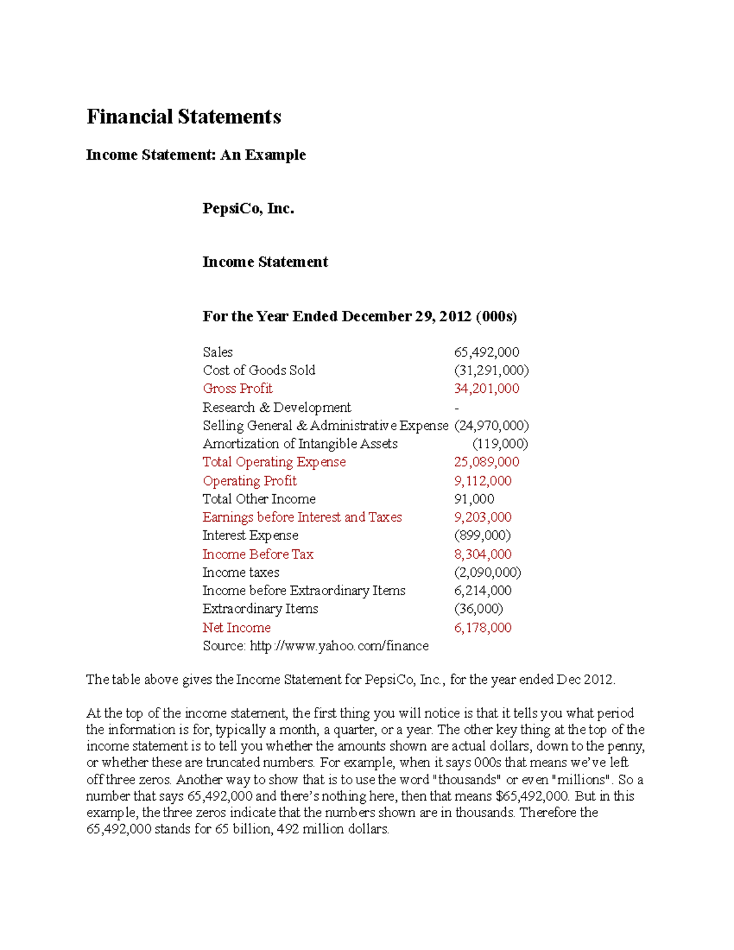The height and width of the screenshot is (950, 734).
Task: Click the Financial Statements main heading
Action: pyautogui.click(x=183, y=117)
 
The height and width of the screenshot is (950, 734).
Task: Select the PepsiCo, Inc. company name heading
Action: pyautogui.click(x=248, y=209)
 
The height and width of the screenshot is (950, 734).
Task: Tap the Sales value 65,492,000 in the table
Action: pyautogui.click(x=486, y=352)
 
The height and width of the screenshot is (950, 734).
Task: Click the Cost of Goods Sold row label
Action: pyautogui.click(x=259, y=370)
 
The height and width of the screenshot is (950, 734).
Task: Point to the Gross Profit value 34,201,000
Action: pyautogui.click(x=486, y=388)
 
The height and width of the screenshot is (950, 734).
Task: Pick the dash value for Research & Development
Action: pyautogui.click(x=457, y=407)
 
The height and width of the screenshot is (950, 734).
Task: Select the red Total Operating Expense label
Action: pyautogui.click(x=274, y=462)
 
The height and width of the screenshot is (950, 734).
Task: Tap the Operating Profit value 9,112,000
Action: pyautogui.click(x=483, y=481)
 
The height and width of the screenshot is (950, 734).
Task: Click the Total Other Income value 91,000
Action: pyautogui.click(x=474, y=499)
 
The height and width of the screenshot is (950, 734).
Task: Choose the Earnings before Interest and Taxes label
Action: pyautogui.click(x=302, y=517)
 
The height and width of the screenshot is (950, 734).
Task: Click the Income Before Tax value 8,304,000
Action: pyautogui.click(x=483, y=554)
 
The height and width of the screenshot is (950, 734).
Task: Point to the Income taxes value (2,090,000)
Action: pyautogui.click(x=487, y=573)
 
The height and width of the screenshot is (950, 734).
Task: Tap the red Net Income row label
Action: pyautogui.click(x=237, y=628)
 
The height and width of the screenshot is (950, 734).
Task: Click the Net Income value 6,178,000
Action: pyautogui.click(x=483, y=628)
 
